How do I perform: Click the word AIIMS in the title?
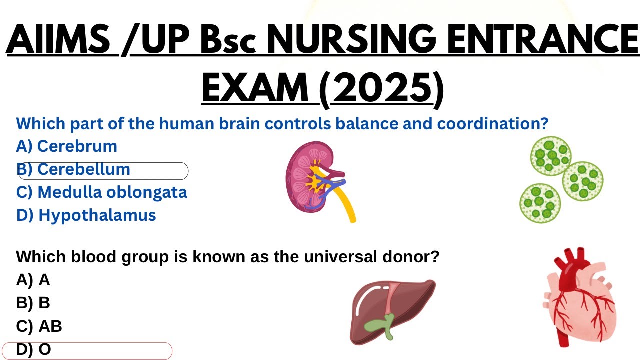(x=58, y=40)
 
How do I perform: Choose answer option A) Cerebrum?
(x=67, y=146)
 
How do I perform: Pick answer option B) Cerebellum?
(x=73, y=170)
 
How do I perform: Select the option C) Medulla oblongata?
(x=102, y=192)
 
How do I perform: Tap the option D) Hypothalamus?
(x=86, y=215)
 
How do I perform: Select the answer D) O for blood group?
(x=34, y=350)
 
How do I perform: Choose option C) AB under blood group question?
(x=39, y=326)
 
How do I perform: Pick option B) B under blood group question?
(x=33, y=303)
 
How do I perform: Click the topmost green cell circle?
(x=550, y=156)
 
